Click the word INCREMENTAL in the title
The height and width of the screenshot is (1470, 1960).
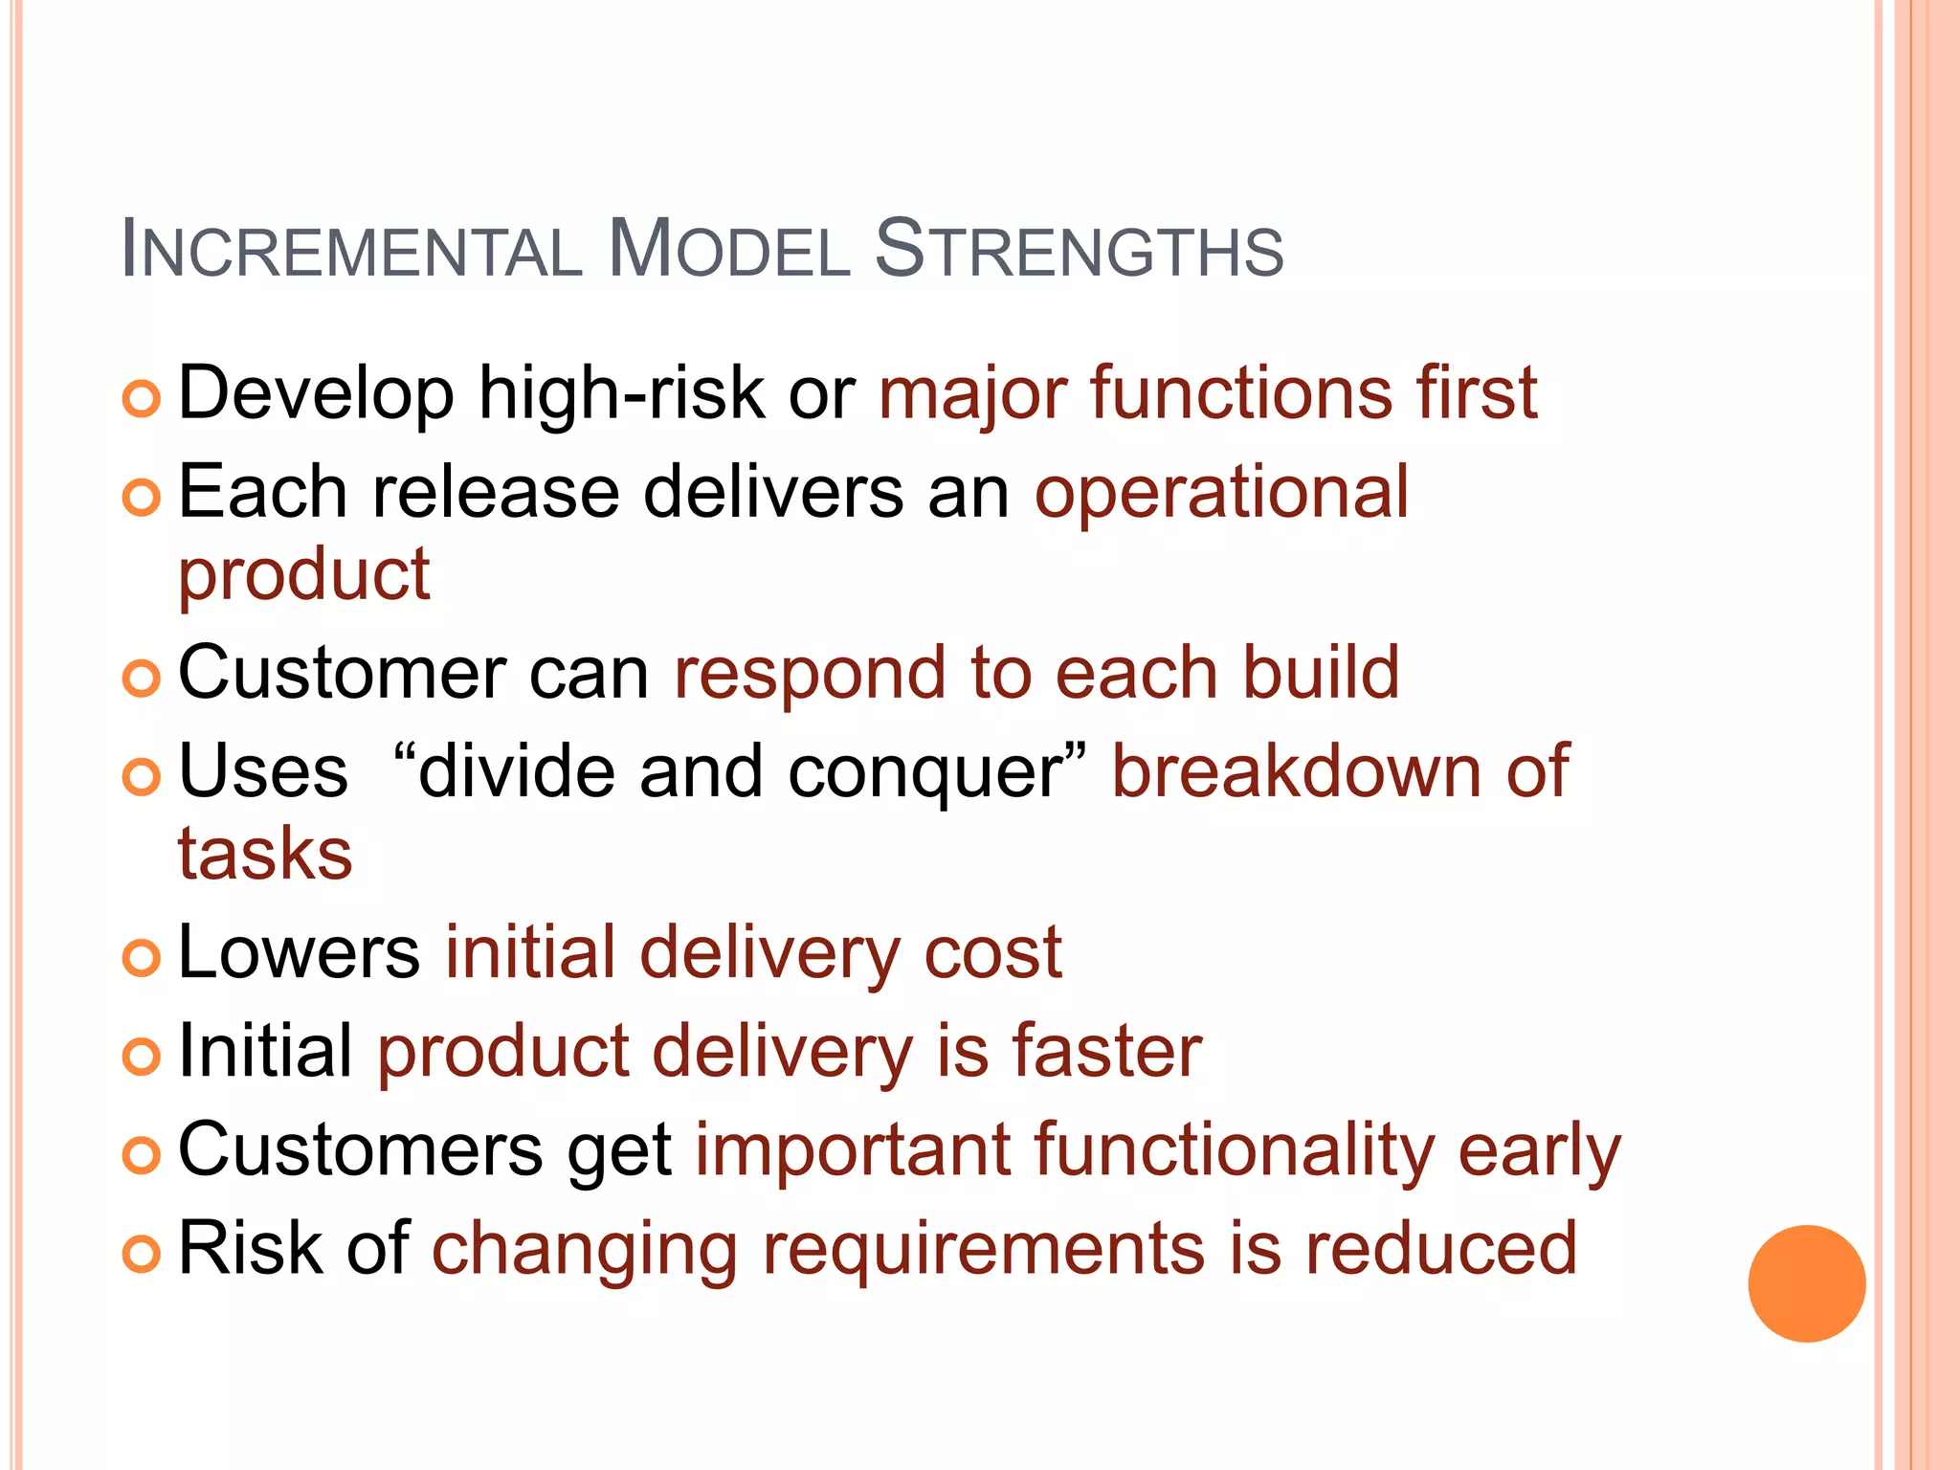[x=351, y=250]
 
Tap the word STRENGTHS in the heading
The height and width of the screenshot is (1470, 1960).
[x=1079, y=250]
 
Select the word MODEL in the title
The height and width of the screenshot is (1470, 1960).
[x=728, y=250]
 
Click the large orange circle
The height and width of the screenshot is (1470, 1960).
[x=1806, y=1283]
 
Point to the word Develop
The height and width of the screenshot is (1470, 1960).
[x=316, y=393]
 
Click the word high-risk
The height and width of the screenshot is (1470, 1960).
[x=621, y=393]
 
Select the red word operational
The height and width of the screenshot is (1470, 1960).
[x=1221, y=493]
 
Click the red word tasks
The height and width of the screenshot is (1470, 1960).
[x=265, y=854]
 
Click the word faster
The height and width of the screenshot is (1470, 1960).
[x=1106, y=1051]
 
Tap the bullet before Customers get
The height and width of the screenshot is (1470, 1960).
[x=142, y=1155]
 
